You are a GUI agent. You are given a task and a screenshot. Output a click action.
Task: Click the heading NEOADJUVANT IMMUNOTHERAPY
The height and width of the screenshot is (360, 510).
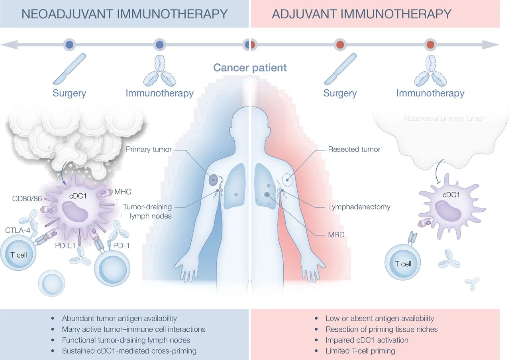click(124, 14)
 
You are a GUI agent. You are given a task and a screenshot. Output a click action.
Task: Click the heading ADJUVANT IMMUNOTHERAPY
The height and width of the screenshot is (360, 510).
click(361, 14)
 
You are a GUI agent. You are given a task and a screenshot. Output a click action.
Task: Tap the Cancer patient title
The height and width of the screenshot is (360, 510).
click(250, 67)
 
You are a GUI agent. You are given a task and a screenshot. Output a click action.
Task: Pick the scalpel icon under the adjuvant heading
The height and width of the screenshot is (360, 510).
click(339, 68)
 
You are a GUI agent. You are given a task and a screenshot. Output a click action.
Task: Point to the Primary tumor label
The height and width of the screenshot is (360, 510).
click(149, 150)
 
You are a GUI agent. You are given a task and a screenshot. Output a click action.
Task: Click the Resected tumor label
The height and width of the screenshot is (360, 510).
click(354, 150)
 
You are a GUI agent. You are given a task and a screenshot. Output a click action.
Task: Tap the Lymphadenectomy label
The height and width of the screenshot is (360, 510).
click(359, 207)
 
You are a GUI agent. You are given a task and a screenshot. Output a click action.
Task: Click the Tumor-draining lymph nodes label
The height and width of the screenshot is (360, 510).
click(147, 211)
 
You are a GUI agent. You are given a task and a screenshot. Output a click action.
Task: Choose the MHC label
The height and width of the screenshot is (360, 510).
click(123, 192)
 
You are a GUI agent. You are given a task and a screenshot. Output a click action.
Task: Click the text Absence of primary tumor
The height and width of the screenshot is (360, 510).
click(443, 118)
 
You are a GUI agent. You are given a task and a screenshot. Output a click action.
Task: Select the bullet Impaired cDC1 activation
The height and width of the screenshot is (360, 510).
click(367, 340)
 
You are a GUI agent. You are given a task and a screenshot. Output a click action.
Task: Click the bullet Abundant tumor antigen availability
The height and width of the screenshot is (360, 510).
click(119, 319)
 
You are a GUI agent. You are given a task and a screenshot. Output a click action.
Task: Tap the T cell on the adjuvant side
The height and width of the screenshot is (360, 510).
click(403, 264)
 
